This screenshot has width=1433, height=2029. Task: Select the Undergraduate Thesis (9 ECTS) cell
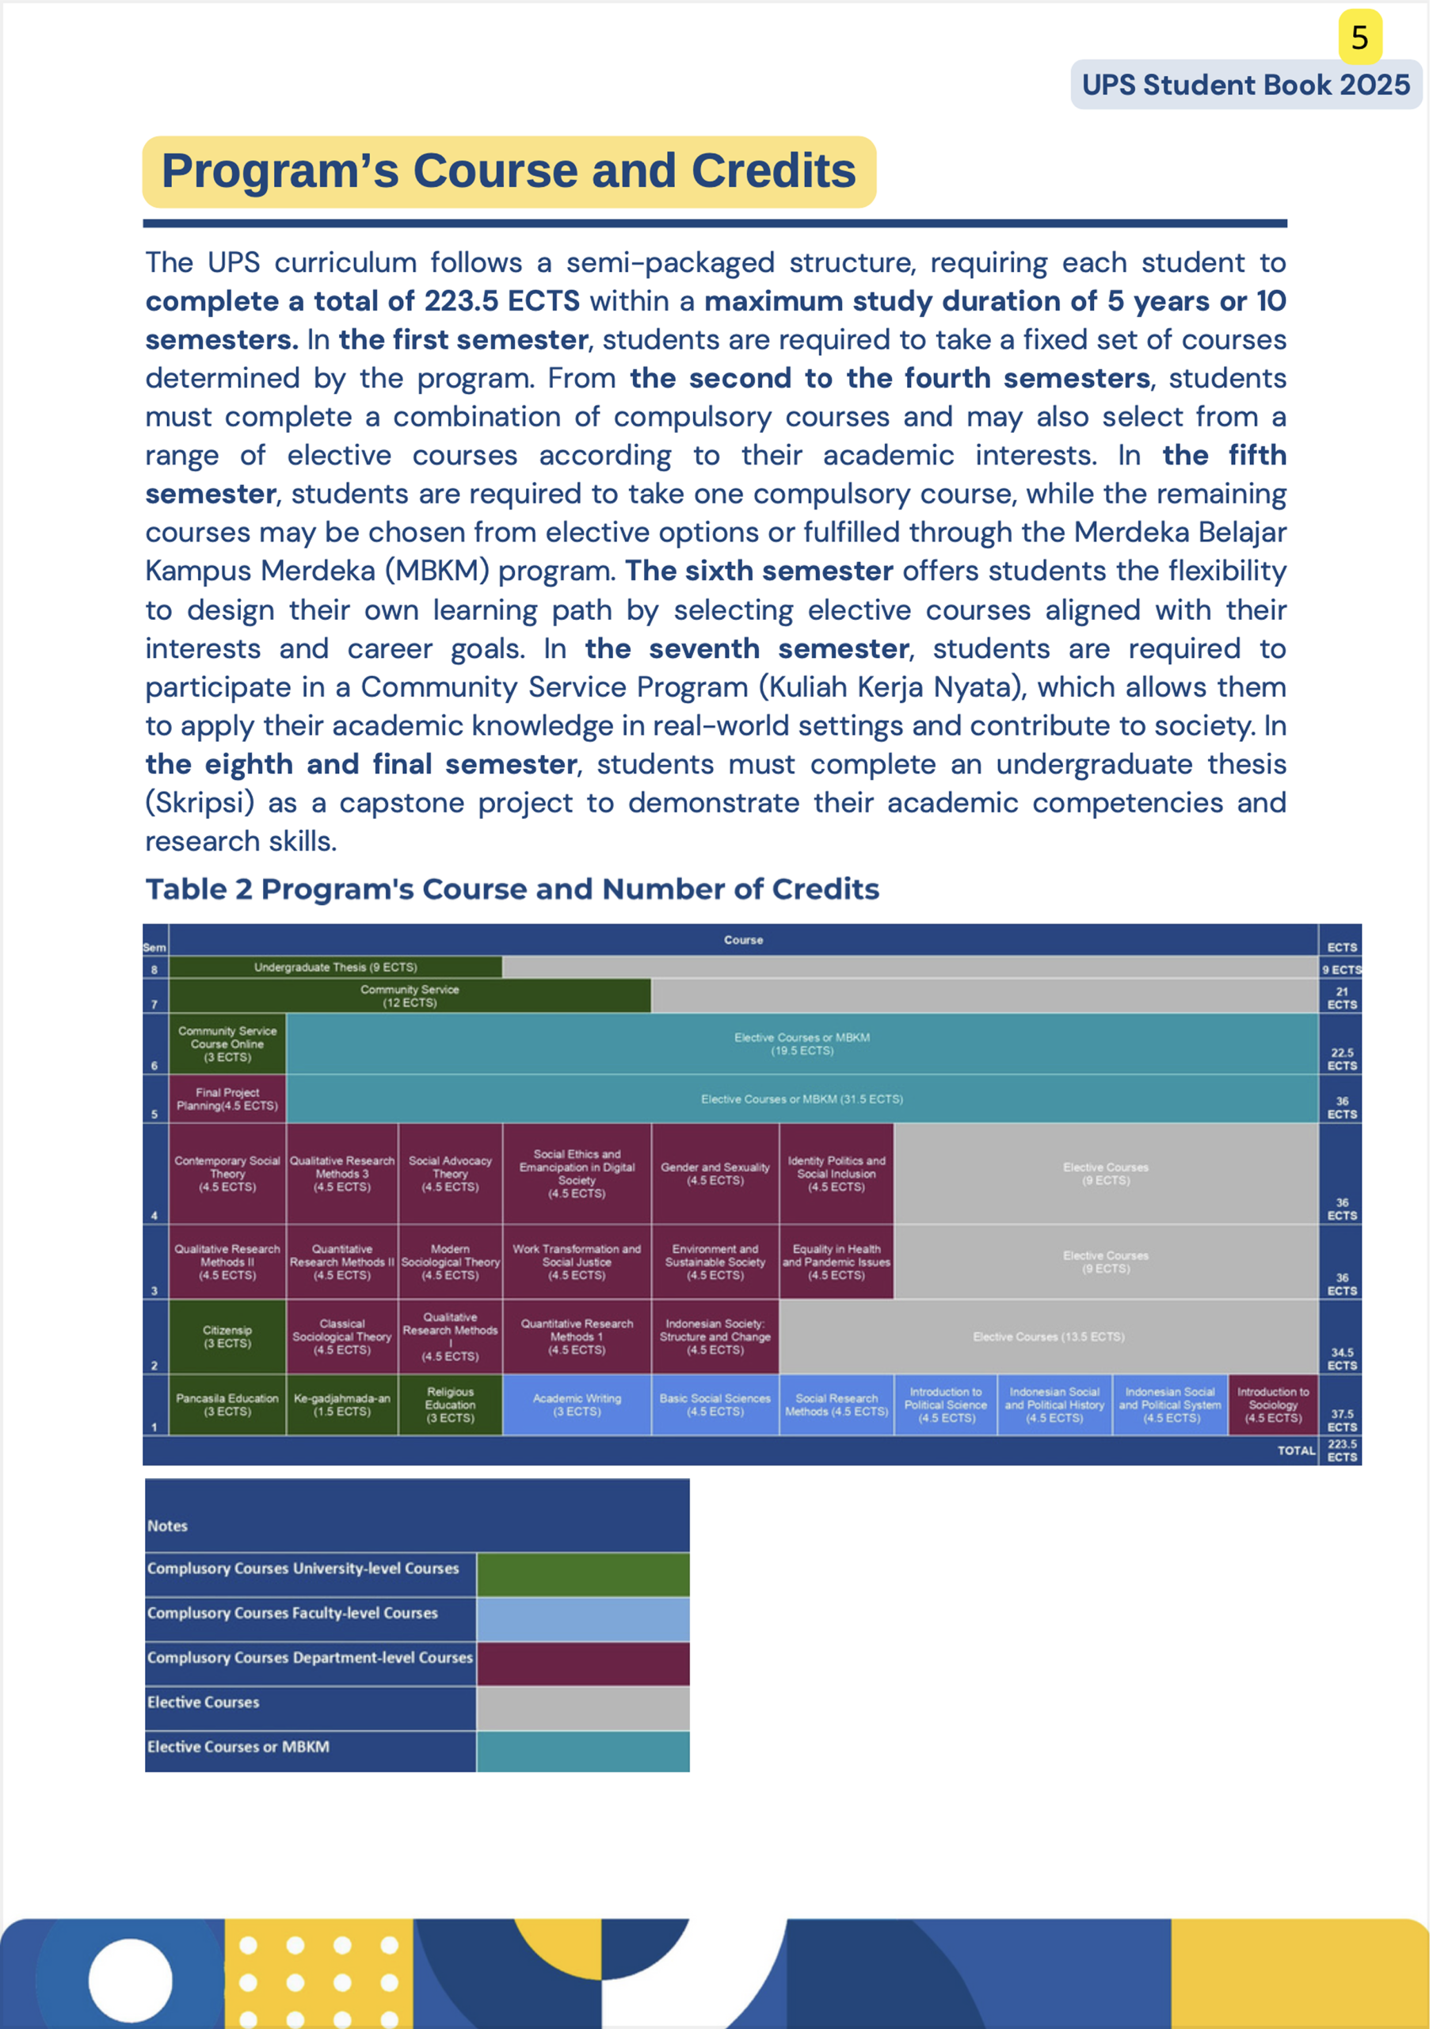(335, 967)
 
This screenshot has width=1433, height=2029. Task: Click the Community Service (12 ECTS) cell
(409, 996)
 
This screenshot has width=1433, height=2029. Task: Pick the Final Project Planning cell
(227, 1099)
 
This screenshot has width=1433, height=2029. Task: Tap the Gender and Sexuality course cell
(715, 1173)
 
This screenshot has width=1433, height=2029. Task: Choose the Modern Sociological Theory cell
(450, 1261)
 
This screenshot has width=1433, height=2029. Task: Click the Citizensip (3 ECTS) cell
(227, 1336)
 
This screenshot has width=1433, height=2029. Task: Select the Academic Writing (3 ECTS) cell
(576, 1404)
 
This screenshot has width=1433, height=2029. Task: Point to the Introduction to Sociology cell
(1272, 1404)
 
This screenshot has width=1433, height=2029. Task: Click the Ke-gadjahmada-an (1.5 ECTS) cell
(342, 1404)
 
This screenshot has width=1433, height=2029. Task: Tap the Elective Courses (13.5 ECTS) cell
(1048, 1336)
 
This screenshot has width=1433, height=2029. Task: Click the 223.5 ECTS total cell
(1341, 1450)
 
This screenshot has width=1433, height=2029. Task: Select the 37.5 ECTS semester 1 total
(1341, 1420)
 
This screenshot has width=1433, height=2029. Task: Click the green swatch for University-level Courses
(582, 1574)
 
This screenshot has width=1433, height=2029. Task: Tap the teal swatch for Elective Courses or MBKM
(582, 1752)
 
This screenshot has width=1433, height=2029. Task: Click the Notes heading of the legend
(167, 1525)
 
